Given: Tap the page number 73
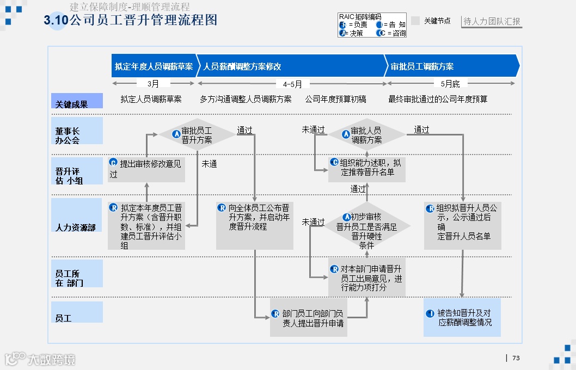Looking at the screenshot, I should (x=516, y=358).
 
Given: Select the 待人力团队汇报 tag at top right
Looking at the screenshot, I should (x=492, y=22).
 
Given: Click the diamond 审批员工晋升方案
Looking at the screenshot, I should (x=196, y=135).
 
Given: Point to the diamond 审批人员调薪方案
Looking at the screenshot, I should (x=366, y=135).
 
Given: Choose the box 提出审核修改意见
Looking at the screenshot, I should (x=146, y=169).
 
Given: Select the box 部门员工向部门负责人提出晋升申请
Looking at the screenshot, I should (x=308, y=318).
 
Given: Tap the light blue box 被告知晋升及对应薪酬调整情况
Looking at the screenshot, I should (x=462, y=317).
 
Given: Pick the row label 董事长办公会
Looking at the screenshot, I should (x=77, y=135).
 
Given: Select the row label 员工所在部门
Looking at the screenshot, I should (x=77, y=278).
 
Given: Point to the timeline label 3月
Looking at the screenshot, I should (x=154, y=84).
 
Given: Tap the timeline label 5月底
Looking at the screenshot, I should (x=450, y=84).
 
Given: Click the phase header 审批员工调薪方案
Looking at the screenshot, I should (x=422, y=66).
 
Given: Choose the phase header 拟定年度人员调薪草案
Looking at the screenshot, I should (x=154, y=66).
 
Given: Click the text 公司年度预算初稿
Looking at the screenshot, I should (x=335, y=99).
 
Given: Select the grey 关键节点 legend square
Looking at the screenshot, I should (x=415, y=21).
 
